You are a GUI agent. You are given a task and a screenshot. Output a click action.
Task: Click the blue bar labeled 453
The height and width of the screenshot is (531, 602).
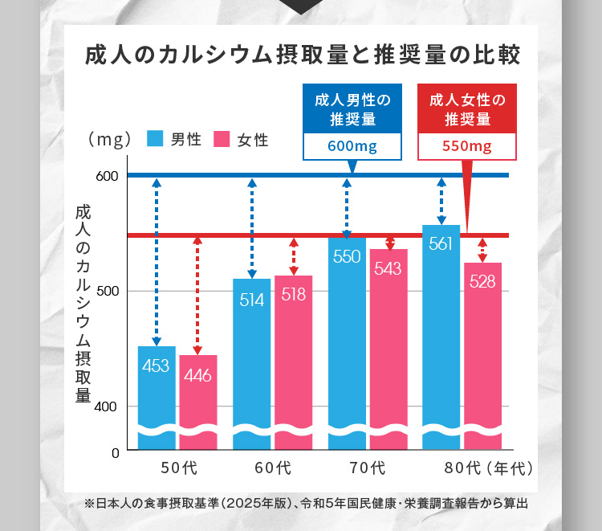pos(157,394)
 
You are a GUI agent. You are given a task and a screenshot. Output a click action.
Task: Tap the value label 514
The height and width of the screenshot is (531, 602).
pos(251,300)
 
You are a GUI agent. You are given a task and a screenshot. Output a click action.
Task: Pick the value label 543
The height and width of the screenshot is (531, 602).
pos(388,268)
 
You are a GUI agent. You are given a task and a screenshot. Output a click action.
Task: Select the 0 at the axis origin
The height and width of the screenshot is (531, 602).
pos(115,453)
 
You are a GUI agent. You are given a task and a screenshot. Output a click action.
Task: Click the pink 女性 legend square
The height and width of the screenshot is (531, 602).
pos(221,139)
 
